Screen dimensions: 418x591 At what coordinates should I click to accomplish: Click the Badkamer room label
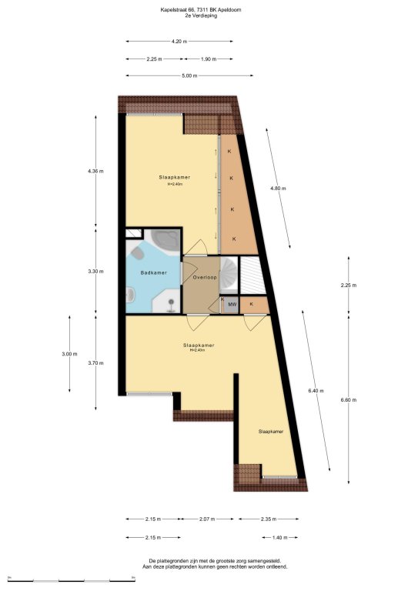click(153, 272)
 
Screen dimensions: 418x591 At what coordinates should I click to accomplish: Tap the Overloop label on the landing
click(205, 277)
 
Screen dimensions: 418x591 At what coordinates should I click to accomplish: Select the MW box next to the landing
click(232, 305)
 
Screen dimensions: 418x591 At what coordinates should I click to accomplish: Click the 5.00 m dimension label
click(189, 75)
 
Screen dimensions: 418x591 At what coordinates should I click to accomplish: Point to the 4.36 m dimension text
click(95, 171)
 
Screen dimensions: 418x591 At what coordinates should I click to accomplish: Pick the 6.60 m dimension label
click(348, 400)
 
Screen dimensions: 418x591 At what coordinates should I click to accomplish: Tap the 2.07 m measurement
click(206, 519)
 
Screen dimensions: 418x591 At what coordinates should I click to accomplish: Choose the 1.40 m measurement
click(279, 537)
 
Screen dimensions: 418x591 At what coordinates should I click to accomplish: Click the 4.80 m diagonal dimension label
click(278, 188)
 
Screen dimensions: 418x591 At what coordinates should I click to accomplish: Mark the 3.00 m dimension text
click(69, 354)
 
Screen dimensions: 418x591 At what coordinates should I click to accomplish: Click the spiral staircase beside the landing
click(229, 275)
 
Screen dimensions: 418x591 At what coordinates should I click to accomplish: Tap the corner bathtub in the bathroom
click(165, 240)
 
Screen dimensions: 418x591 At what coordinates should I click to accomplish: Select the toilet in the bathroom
click(138, 253)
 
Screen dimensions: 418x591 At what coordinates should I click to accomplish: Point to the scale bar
click(72, 579)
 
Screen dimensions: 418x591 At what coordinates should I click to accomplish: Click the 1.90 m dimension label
click(209, 58)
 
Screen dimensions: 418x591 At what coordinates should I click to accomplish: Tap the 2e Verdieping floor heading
click(201, 16)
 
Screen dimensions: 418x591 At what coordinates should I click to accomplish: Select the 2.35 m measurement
click(269, 519)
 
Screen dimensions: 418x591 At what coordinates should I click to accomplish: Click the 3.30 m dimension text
click(95, 271)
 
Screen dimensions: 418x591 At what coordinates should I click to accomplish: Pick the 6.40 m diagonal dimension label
click(316, 391)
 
